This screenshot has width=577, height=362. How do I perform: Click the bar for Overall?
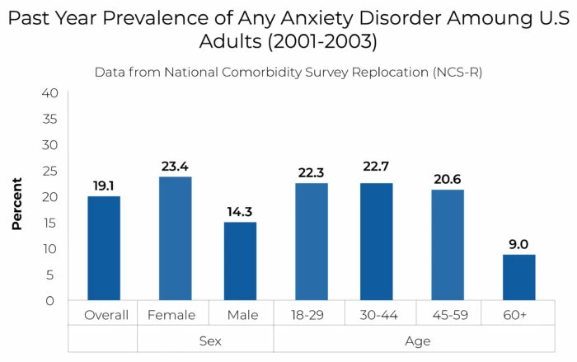tap(105, 248)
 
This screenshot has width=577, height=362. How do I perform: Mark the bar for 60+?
tap(518, 277)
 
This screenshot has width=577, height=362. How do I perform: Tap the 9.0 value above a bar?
tap(518, 243)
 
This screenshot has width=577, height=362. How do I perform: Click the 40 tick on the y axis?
tap(49, 93)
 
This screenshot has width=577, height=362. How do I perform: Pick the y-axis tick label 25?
tap(49, 171)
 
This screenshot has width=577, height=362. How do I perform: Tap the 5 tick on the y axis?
tap(52, 275)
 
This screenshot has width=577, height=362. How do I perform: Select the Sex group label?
tap(206, 340)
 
